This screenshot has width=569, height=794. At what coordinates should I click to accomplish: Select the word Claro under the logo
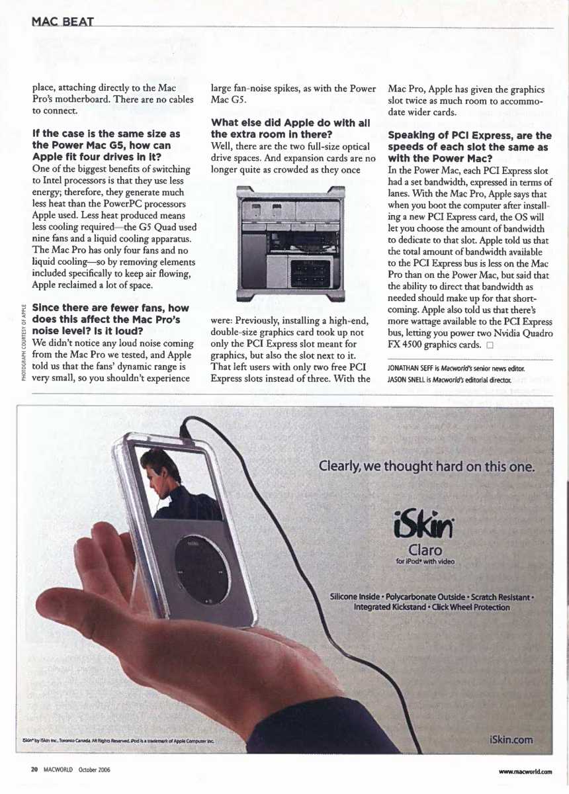(425, 550)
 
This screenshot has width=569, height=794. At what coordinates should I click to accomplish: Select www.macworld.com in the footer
(525, 772)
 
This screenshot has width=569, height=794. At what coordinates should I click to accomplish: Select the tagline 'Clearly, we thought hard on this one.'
(426, 466)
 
